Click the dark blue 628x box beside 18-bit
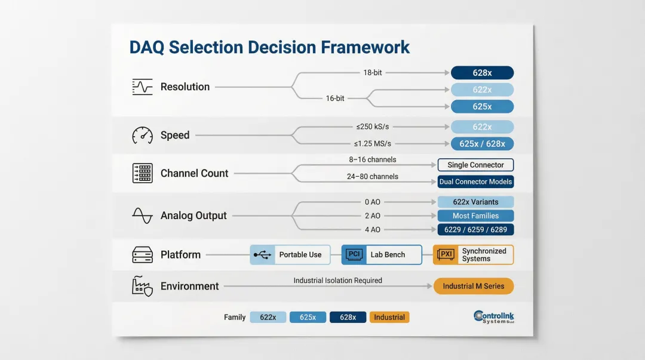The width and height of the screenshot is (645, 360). [482, 73]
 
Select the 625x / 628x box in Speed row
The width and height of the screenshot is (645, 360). [482, 144]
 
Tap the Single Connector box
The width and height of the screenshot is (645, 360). [475, 165]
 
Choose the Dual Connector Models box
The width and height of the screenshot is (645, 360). [475, 181]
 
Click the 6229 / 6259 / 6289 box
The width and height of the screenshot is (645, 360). [475, 230]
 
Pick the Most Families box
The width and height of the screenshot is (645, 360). [475, 216]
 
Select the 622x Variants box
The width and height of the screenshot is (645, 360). [475, 202]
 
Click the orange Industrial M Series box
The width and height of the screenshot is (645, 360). [473, 286]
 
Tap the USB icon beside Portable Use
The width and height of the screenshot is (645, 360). [262, 255]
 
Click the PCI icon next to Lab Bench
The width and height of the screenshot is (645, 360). [354, 255]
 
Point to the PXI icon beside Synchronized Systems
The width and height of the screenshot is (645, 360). [446, 255]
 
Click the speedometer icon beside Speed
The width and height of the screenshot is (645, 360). [142, 135]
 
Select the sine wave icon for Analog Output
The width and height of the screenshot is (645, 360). [142, 216]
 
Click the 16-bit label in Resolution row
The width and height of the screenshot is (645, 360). [335, 99]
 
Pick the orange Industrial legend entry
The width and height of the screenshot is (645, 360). [389, 318]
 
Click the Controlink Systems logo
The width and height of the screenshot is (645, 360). [493, 317]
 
